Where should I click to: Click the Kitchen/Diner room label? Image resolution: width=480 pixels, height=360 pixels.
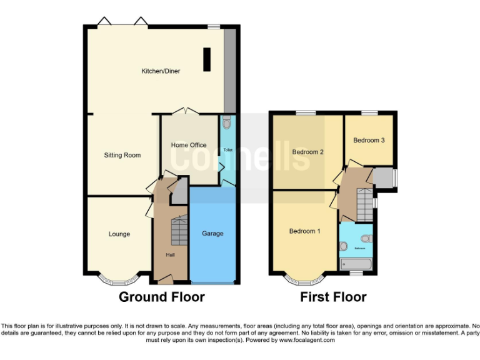click(161, 71)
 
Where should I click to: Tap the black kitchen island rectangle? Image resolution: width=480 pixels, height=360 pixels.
click(206, 59)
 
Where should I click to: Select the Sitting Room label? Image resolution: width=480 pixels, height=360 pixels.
click(122, 155)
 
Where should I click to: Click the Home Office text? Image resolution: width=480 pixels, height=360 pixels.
click(189, 146)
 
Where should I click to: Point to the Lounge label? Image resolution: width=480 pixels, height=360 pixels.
click(119, 234)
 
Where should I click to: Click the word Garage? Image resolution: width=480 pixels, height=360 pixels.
click(212, 234)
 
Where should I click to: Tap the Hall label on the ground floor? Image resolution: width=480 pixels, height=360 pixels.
click(171, 255)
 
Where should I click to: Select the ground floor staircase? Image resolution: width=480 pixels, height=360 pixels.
click(179, 231)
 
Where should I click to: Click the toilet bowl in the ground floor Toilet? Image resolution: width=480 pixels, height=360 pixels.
click(227, 122)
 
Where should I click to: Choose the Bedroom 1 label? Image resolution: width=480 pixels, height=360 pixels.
click(304, 231)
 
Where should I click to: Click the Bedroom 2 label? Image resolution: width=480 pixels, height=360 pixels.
click(307, 152)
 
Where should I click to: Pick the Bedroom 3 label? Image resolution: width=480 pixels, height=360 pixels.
click(369, 140)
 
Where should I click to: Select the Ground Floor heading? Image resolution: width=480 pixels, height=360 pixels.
click(162, 297)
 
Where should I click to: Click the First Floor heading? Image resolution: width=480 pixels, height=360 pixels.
click(333, 297)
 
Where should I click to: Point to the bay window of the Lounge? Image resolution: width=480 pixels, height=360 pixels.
click(119, 279)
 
